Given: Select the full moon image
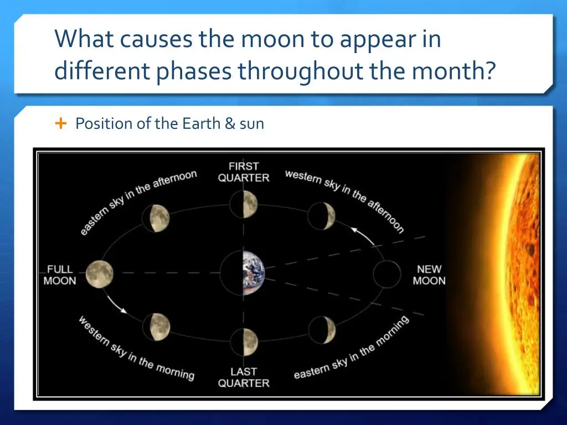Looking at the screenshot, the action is (100, 274).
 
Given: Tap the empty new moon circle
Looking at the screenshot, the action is (387, 274).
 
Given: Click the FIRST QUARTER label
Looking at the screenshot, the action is (244, 172).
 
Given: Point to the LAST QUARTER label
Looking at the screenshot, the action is (244, 377).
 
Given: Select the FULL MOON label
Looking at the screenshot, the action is (60, 275).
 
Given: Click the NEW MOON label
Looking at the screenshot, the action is (429, 275).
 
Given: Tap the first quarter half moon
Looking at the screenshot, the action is (244, 204).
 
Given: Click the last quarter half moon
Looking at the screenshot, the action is (244, 342).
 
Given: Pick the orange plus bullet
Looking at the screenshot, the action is (61, 123).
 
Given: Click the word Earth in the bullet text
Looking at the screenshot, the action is (201, 123).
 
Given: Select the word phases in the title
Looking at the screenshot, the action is (194, 71).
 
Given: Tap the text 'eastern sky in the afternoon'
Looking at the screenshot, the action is (138, 203).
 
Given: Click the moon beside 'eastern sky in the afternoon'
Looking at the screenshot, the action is (156, 218).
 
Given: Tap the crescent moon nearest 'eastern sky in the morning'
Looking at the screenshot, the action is (322, 330).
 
